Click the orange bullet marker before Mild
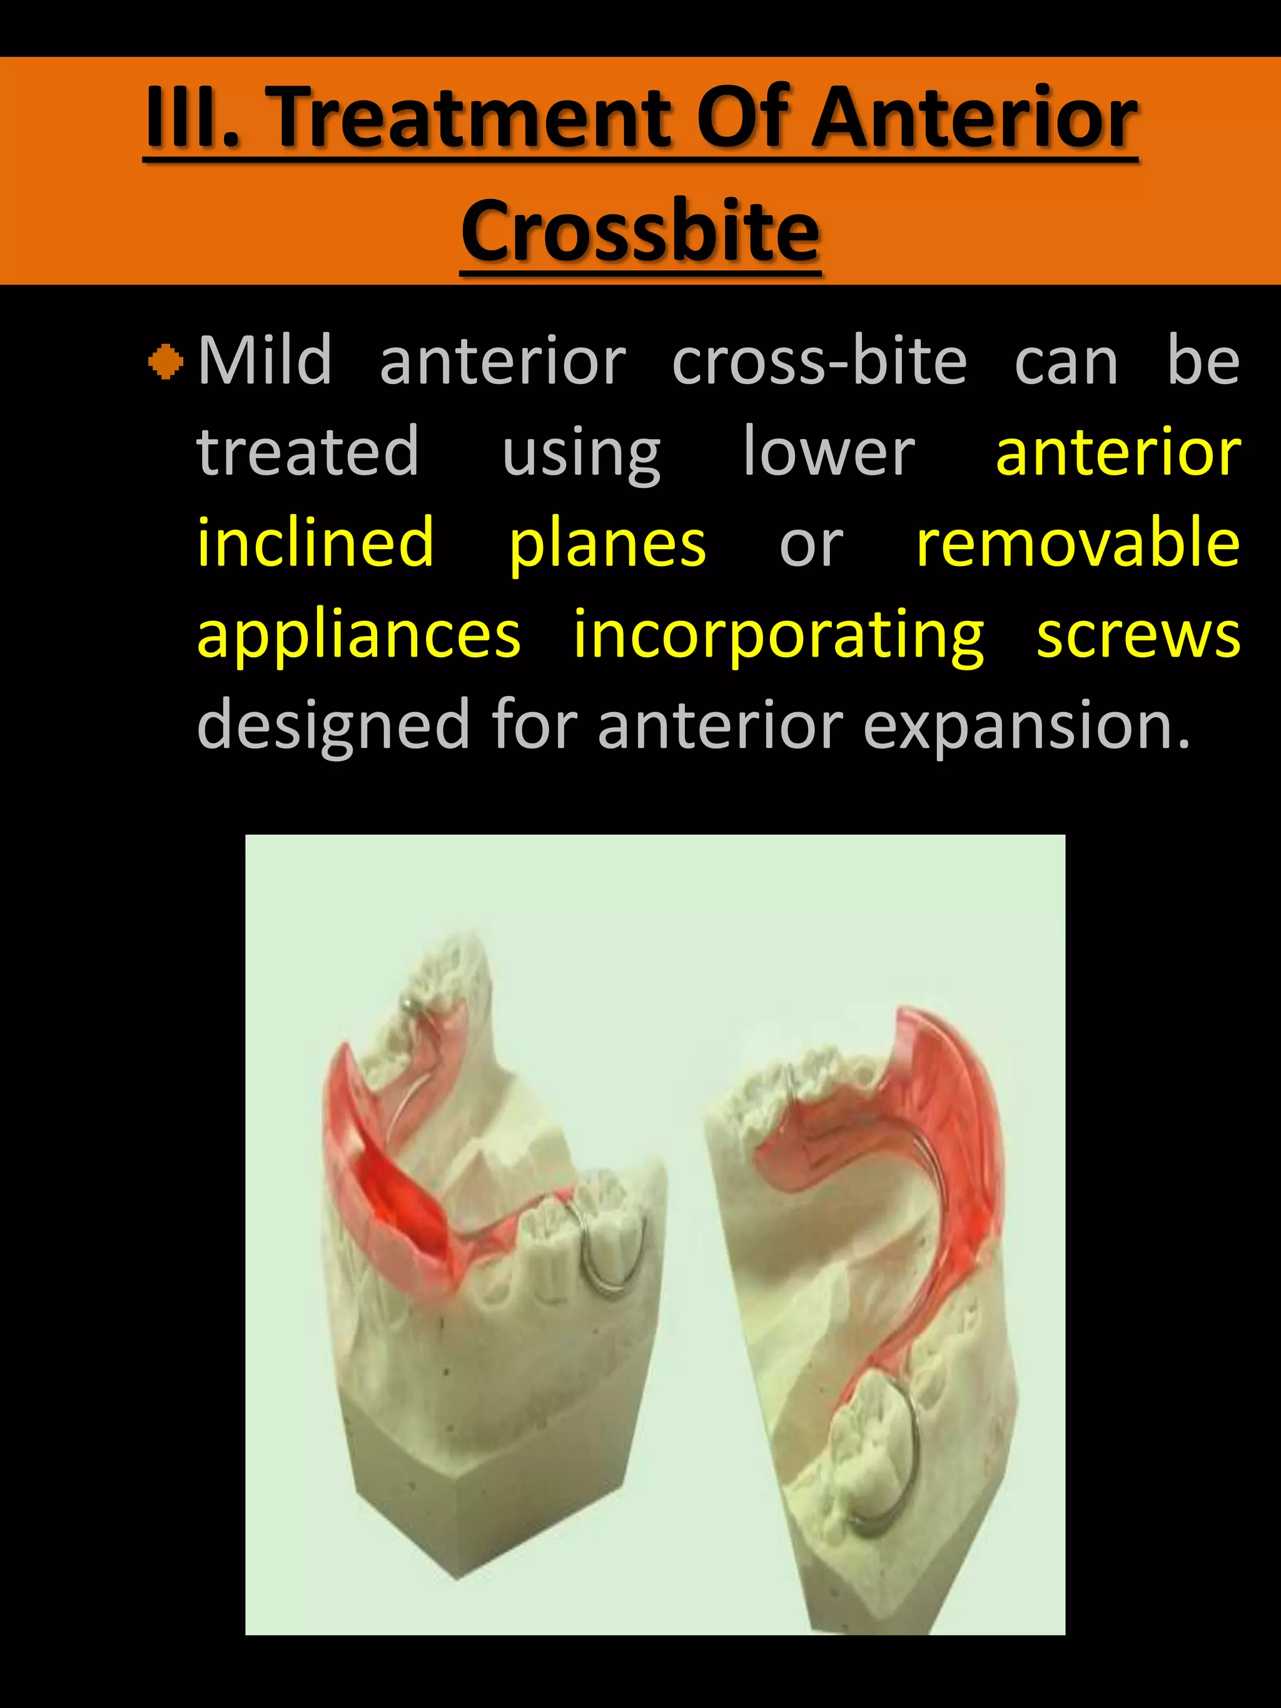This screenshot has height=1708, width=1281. click(x=165, y=361)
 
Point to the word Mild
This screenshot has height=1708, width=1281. click(x=265, y=361)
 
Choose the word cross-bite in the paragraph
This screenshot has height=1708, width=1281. click(x=819, y=361)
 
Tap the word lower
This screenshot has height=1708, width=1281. click(x=829, y=452)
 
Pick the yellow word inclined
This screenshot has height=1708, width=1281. click(x=315, y=543)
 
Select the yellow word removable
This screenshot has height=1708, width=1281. click(x=1078, y=543)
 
